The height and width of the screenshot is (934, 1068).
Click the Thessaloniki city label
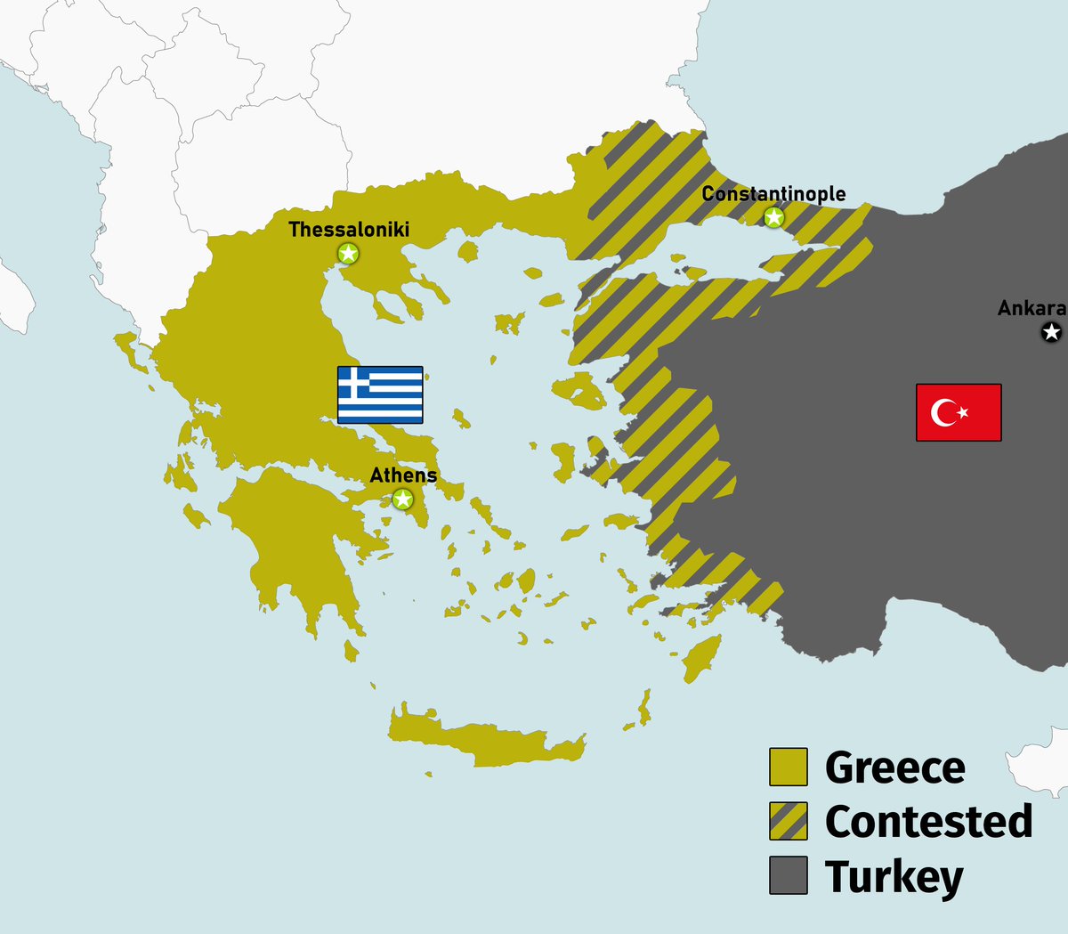click(349, 230)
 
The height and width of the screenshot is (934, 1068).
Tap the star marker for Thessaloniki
click(349, 254)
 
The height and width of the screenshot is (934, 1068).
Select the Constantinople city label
click(773, 194)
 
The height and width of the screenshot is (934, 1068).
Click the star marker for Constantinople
click(774, 217)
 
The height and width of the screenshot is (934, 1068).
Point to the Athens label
click(403, 475)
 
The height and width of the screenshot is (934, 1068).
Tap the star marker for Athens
click(402, 499)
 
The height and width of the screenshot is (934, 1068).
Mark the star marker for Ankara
click(1051, 333)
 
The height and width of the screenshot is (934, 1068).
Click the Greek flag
click(380, 394)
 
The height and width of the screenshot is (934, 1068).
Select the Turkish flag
click(959, 412)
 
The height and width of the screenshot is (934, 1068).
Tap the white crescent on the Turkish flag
click(944, 412)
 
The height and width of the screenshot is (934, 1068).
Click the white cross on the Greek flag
click(354, 383)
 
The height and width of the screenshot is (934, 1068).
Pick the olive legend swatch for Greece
click(789, 767)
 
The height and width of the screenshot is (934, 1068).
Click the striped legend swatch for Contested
click(789, 821)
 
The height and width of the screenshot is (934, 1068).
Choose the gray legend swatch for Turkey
click(789, 875)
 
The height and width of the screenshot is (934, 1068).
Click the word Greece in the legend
click(894, 768)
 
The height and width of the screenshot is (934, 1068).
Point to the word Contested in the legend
click(928, 822)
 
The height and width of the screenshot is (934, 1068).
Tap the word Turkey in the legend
click(894, 877)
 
